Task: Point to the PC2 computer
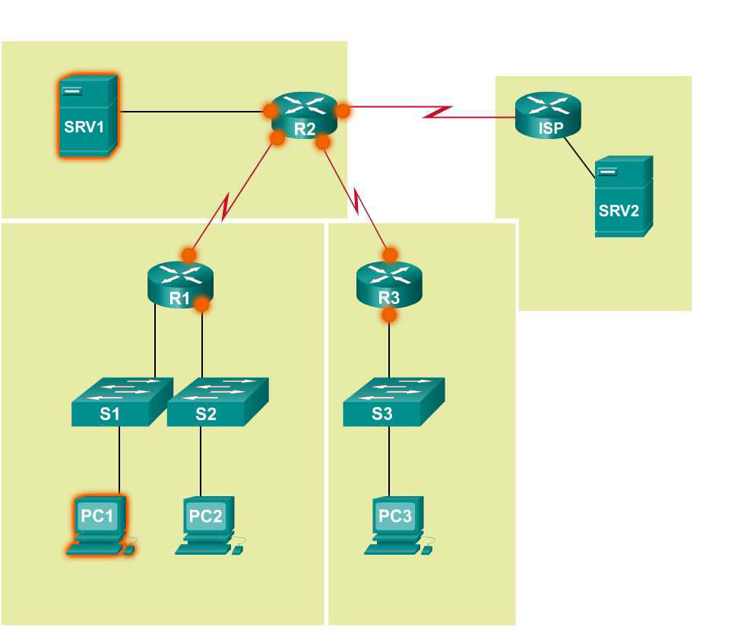(207, 524)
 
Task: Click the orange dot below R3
(389, 314)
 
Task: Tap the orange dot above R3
(391, 254)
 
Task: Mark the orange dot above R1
(188, 255)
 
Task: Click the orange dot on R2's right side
(343, 111)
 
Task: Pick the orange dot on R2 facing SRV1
(271, 111)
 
